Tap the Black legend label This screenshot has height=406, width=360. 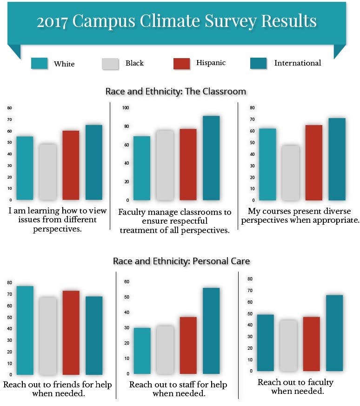click(134, 63)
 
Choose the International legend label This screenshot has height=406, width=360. click(297, 63)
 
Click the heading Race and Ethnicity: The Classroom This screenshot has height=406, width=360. click(175, 91)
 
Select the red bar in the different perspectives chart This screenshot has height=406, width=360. click(71, 165)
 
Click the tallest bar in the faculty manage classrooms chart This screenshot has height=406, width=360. click(211, 158)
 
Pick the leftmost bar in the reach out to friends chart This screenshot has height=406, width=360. click(25, 330)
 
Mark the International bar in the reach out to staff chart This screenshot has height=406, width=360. click(211, 331)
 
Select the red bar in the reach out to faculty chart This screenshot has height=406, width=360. click(311, 344)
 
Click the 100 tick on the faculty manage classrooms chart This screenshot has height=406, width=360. click(125, 108)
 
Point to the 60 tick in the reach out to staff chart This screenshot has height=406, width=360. click(127, 282)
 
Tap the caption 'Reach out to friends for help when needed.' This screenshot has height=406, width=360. click(57, 389)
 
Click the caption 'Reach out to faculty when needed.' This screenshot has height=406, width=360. click(295, 386)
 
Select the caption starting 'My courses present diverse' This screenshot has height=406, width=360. click(300, 216)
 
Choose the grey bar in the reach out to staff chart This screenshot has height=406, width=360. click(165, 350)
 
